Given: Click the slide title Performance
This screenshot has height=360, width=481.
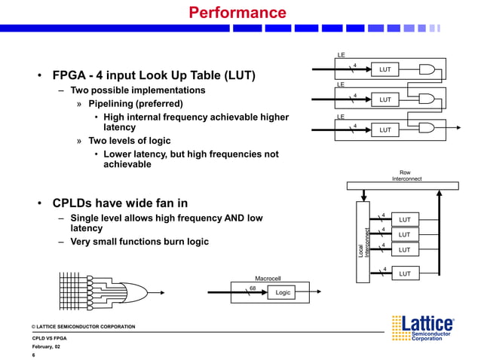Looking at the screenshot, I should coord(237,13).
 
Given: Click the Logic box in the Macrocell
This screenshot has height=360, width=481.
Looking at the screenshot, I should coord(283,292).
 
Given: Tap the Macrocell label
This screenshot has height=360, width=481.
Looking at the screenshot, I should coord(268,278).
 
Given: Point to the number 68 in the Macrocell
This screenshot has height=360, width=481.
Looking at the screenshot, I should coord(253,287).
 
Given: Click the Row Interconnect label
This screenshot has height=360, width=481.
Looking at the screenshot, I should coord(406,175).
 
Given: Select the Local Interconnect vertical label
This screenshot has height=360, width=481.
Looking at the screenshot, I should coord(363,245).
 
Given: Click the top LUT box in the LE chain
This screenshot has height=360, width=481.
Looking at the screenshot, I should coord(384,70).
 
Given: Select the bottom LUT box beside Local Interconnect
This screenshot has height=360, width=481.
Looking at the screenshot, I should coord(404,273).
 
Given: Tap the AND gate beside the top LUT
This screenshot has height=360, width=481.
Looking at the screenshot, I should coord(427,70).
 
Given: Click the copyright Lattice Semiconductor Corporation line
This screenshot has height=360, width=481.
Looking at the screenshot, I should coord(83,326).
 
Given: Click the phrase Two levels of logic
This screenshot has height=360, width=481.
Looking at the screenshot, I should coord(129,141).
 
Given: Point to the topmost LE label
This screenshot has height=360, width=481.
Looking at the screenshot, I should coord(341,55).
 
